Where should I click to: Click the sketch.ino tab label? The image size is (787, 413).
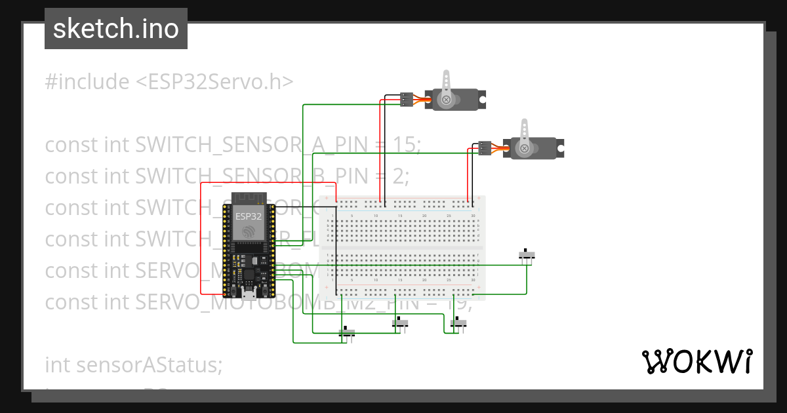point(115,29)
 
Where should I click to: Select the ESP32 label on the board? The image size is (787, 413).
point(249,216)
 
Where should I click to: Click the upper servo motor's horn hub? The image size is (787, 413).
point(447,100)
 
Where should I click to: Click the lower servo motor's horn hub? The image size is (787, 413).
point(525,149)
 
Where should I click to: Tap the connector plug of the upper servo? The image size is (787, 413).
point(407,100)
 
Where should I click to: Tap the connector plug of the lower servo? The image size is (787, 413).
point(485,149)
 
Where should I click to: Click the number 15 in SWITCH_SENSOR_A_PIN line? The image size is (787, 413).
point(407,145)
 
